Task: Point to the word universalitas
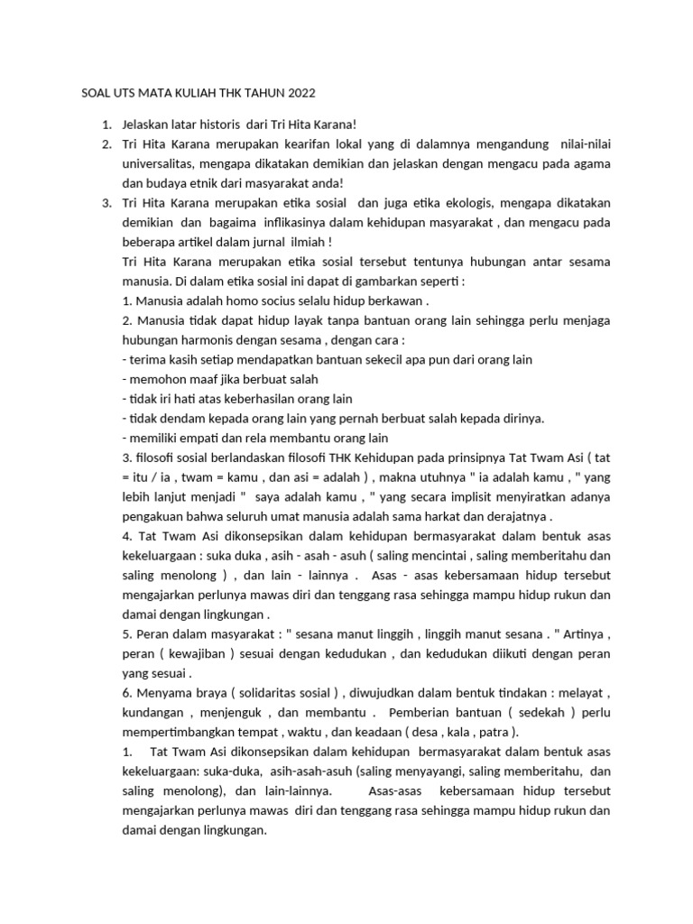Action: tap(165, 164)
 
